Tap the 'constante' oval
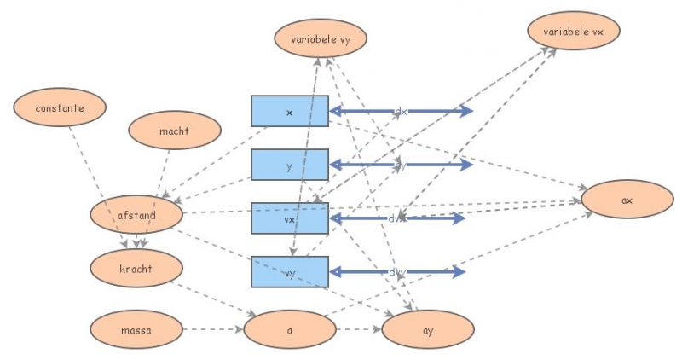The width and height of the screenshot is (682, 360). (x=60, y=108)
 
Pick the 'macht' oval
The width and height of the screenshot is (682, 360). (x=175, y=131)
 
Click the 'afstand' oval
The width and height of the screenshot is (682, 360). (x=136, y=216)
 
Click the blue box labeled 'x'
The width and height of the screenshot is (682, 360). (x=290, y=112)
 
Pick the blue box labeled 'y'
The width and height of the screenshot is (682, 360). (x=290, y=165)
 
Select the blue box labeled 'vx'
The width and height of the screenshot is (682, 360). (x=290, y=218)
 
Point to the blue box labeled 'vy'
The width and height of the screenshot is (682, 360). (x=290, y=271)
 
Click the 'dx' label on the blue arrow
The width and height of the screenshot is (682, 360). (x=400, y=112)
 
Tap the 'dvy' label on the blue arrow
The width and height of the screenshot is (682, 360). (x=397, y=272)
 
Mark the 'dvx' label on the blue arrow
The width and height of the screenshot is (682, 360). (x=397, y=218)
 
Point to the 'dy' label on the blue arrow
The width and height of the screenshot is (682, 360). (x=400, y=165)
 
